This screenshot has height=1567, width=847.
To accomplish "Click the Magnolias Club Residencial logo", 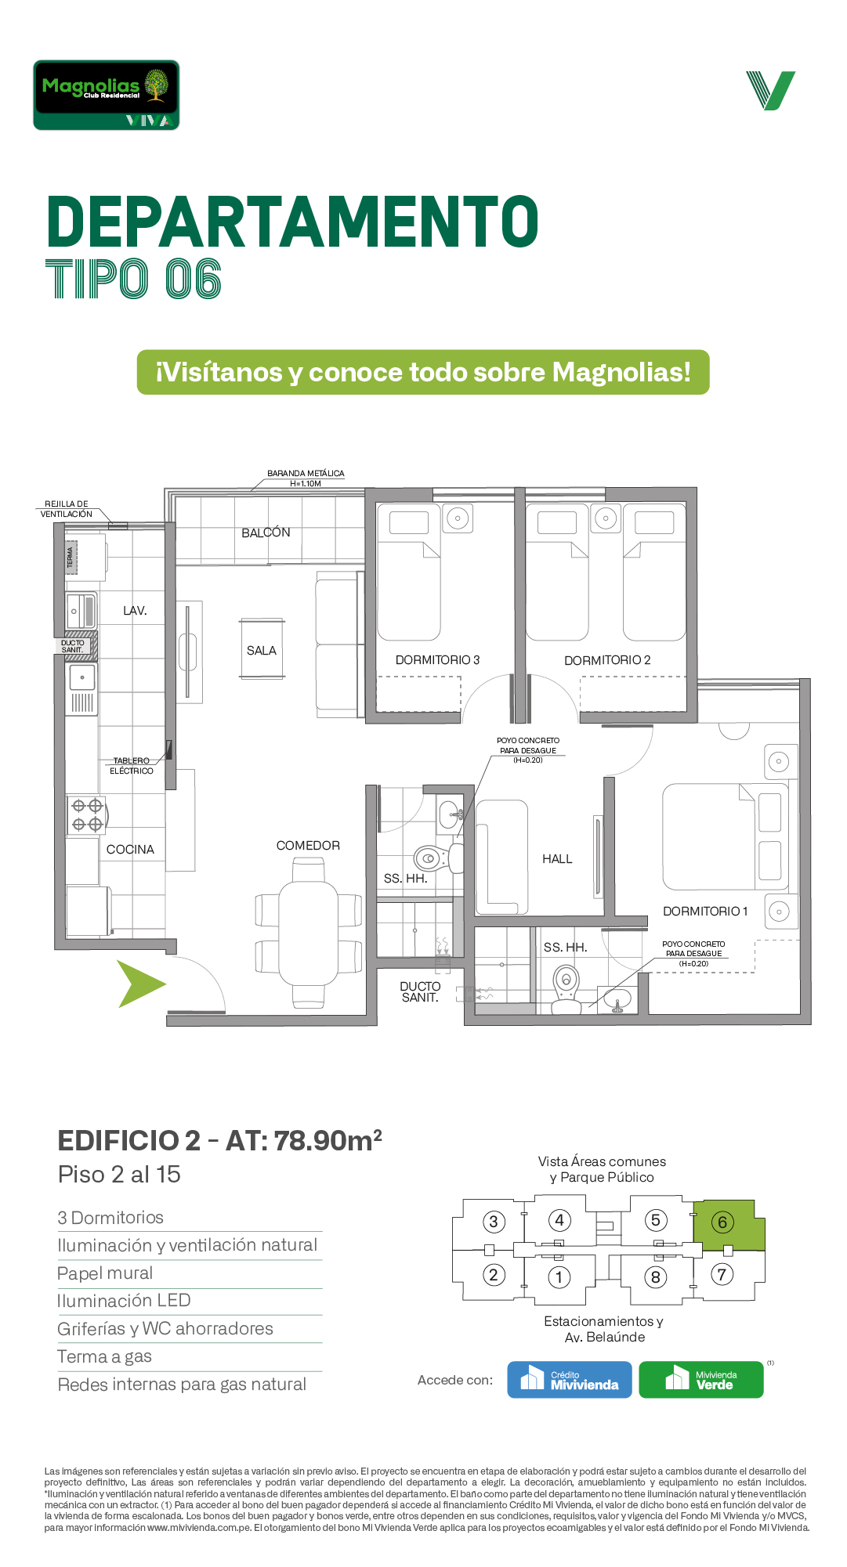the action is click(107, 95).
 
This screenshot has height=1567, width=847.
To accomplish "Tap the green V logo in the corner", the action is click(771, 91).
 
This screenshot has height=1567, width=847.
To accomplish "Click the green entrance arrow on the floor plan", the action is click(141, 984).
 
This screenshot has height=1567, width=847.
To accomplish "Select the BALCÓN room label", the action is click(266, 533).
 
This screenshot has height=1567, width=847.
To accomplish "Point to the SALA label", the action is click(262, 651).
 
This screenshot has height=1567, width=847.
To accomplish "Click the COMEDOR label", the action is click(308, 846).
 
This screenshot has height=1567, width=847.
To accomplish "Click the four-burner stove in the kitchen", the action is click(87, 814).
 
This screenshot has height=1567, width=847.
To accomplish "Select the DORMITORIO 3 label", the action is click(437, 660).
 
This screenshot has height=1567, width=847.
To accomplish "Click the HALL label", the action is click(557, 859).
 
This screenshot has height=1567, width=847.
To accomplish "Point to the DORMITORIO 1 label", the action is click(705, 912).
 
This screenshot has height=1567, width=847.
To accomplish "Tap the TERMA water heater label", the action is click(71, 558).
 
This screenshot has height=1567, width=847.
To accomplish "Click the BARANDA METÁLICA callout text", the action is click(306, 478).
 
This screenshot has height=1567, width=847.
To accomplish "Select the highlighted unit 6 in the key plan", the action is click(729, 1225).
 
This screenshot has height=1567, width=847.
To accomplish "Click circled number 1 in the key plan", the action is click(559, 1277).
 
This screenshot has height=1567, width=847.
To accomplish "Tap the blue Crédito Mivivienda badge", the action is click(570, 1379).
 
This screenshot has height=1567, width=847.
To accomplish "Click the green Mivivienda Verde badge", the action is click(701, 1379).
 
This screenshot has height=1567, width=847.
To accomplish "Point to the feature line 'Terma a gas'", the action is click(105, 1356).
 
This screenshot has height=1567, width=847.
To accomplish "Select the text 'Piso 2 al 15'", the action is click(119, 1175).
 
